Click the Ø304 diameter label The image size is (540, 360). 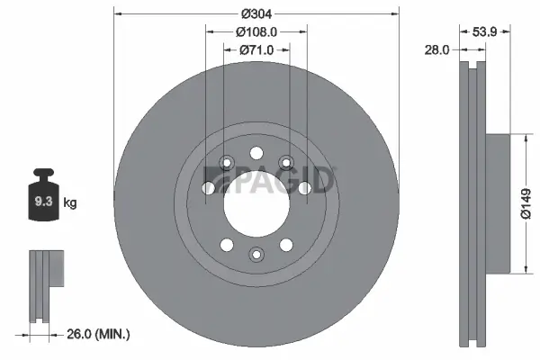(256, 13)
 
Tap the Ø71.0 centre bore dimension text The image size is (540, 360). (256, 49)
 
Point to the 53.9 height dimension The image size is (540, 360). (487, 31)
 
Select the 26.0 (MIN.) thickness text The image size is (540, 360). (99, 334)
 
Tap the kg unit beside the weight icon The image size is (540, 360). (70, 203)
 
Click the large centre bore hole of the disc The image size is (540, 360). (256, 203)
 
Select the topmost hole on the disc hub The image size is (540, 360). (256, 152)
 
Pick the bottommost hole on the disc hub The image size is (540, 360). (256, 255)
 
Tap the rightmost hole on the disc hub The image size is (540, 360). (304, 188)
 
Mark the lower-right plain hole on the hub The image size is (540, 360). (286, 245)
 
